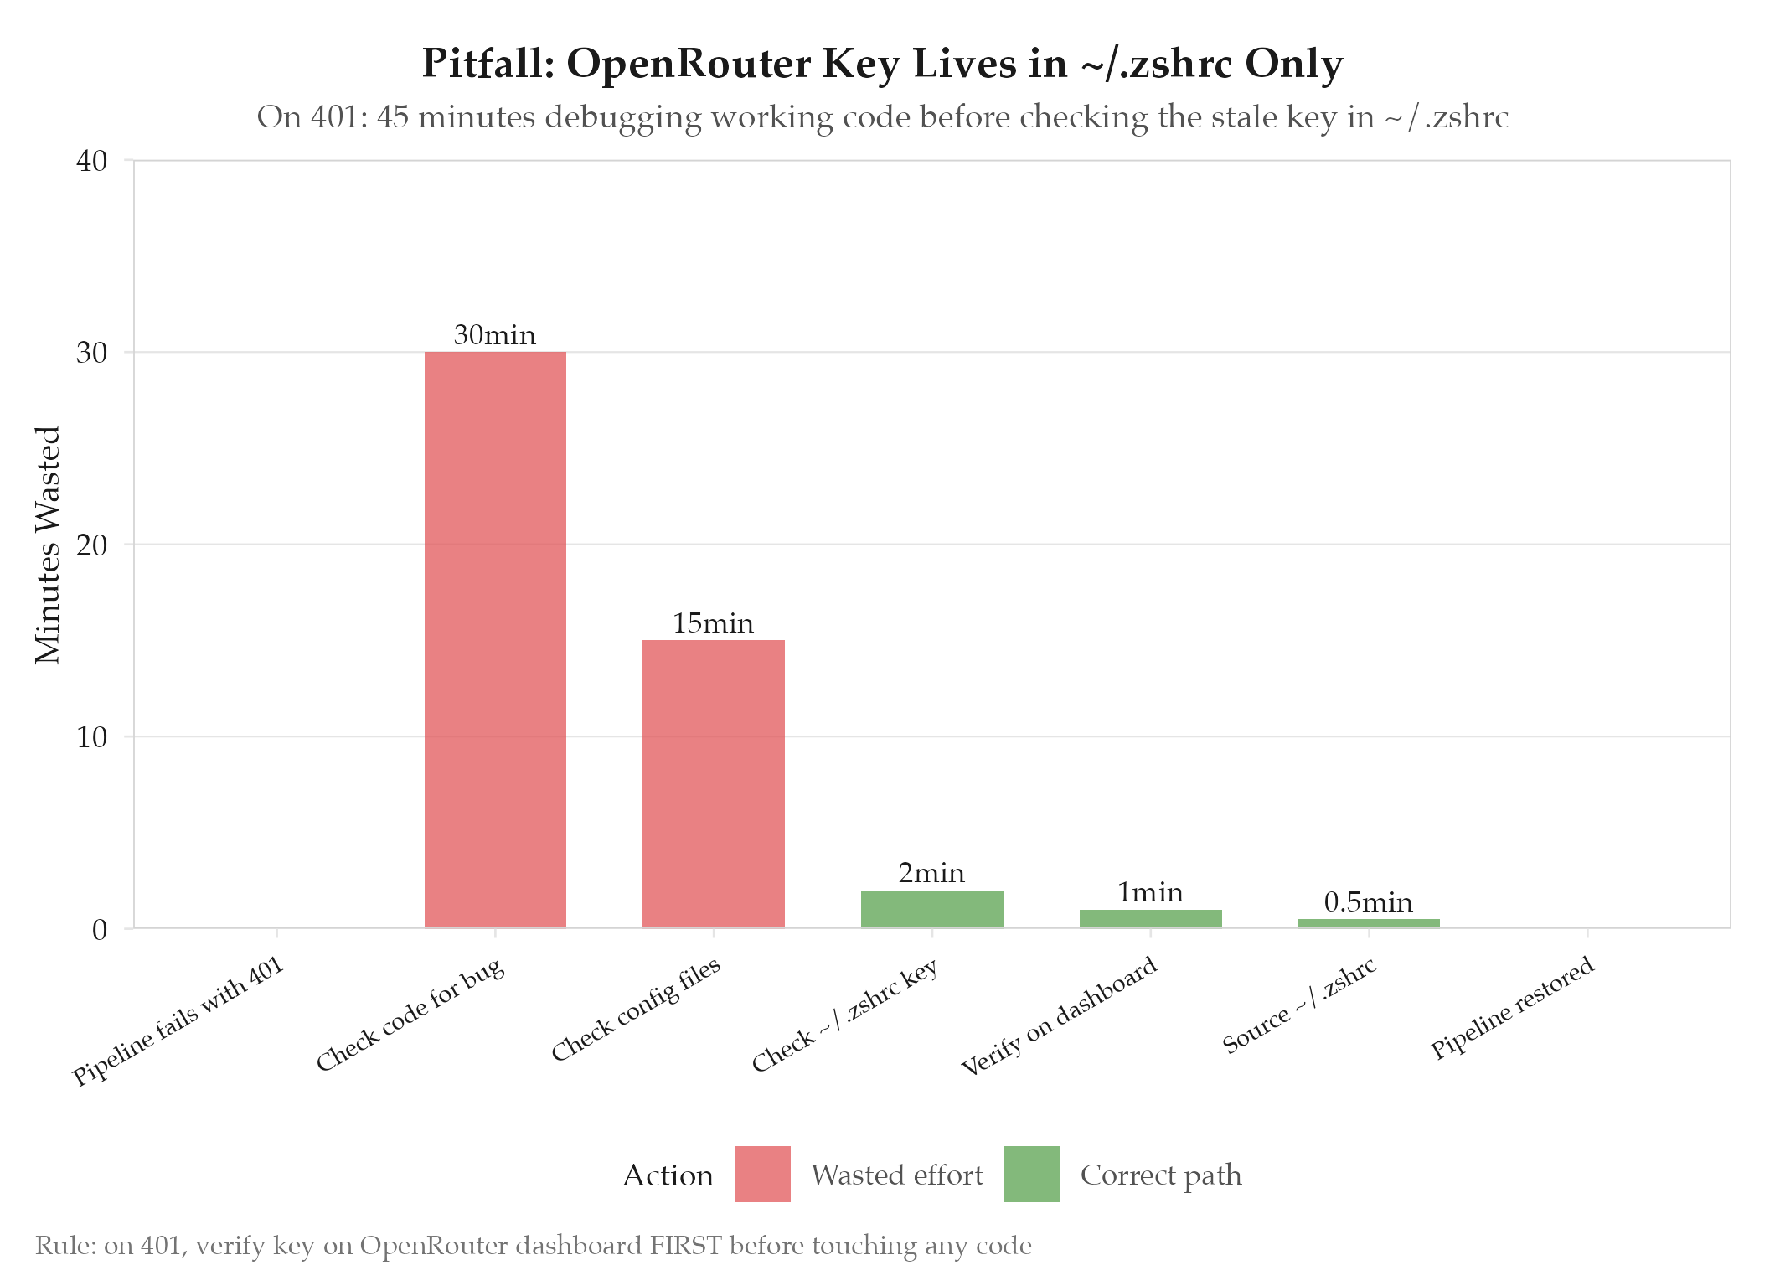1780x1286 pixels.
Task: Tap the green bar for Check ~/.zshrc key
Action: coord(931,909)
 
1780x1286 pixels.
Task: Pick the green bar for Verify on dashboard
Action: coord(1150,919)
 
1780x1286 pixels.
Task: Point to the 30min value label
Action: coord(494,335)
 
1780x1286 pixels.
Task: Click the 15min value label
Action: coord(713,623)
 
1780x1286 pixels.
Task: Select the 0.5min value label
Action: coord(1368,902)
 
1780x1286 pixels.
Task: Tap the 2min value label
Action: coord(931,874)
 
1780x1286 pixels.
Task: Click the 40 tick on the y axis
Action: coord(92,161)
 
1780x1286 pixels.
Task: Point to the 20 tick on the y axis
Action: coord(92,545)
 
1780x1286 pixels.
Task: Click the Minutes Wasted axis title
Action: coord(49,545)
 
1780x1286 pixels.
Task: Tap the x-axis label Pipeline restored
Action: coord(1512,1008)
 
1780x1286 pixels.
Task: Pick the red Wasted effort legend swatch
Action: coord(762,1174)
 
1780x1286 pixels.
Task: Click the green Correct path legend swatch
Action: coord(1031,1174)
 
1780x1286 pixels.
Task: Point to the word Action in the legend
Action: coord(668,1175)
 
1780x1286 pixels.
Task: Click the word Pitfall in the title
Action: coord(487,65)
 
